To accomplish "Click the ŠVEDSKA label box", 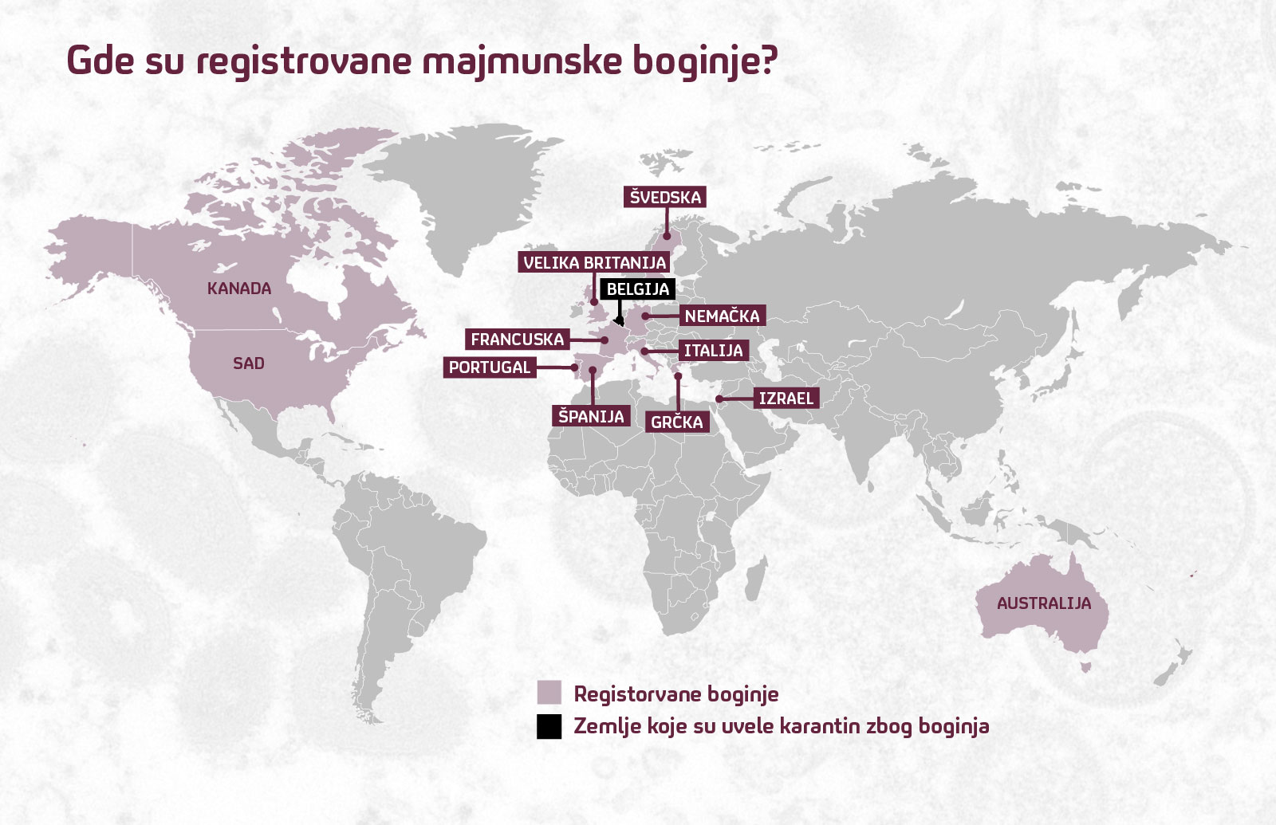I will [665, 197].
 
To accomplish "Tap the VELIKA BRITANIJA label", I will [594, 262].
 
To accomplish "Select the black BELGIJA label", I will [637, 289].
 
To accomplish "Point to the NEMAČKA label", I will [722, 316].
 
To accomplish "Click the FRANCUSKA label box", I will [517, 340].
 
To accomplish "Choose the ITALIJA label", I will [713, 351].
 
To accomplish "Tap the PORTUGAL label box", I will [489, 367].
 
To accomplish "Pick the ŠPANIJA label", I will [591, 416].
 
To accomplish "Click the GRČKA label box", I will [676, 422].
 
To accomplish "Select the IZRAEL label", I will [786, 399].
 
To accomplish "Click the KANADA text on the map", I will [239, 289].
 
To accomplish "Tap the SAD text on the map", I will [248, 363].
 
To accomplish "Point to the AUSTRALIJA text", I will [1043, 603].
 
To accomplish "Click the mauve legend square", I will [549, 693].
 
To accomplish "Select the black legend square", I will [549, 726].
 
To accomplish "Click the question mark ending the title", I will [768, 60].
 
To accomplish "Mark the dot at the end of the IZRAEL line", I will [719, 399].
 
